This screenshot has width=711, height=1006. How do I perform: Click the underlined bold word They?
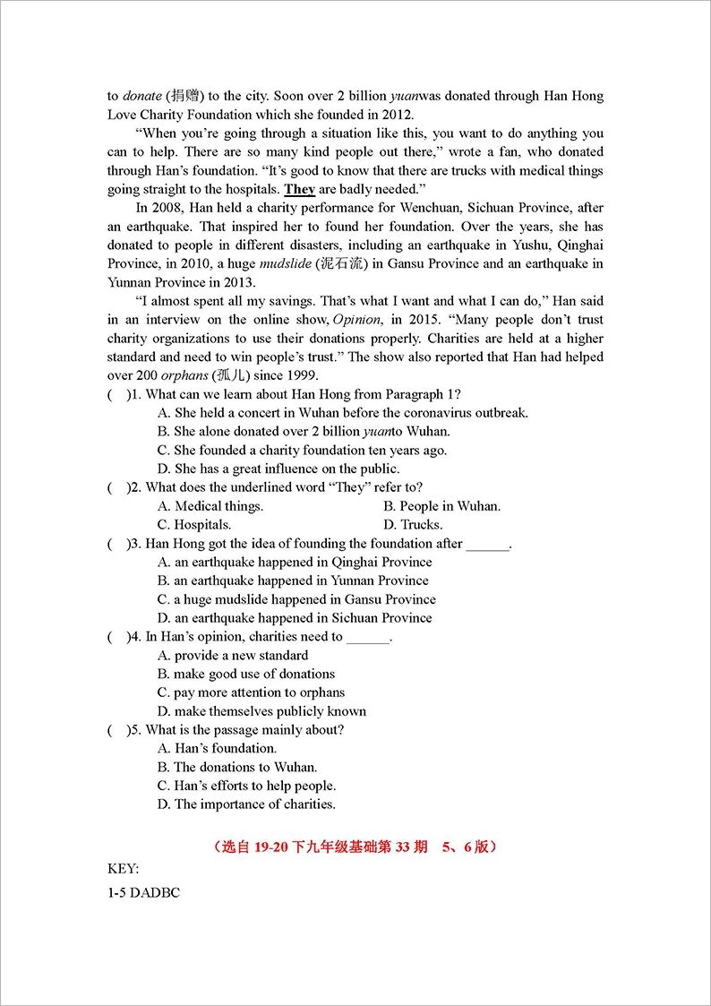tap(300, 189)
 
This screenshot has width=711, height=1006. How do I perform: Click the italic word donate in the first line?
tap(142, 96)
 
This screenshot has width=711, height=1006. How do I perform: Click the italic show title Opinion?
tap(355, 320)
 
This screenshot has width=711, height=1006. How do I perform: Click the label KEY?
tap(124, 868)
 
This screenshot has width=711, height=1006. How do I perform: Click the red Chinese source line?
tap(355, 846)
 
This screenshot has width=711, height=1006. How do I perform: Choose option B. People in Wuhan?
tap(441, 506)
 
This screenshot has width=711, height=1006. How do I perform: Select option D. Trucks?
tap(413, 525)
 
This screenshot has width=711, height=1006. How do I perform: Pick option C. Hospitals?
tap(194, 525)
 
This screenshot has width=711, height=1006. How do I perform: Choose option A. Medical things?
tap(210, 506)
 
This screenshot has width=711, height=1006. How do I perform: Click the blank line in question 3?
tap(488, 545)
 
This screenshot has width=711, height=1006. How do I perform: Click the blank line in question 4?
tap(368, 638)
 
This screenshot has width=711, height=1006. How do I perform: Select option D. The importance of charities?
tap(246, 804)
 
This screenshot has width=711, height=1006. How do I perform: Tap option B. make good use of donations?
tap(246, 674)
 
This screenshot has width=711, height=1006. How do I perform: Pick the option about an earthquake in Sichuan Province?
tap(295, 618)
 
